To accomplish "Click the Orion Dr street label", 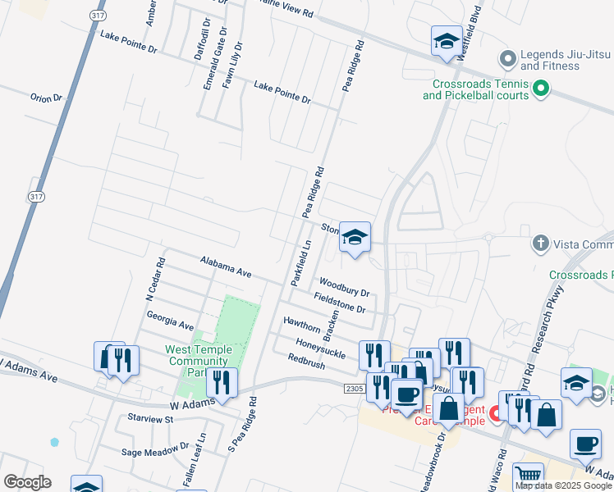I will (47, 98).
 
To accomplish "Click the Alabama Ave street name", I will (226, 265).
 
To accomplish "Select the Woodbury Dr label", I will (343, 286).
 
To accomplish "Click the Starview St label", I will (150, 419).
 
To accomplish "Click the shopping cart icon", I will (528, 476).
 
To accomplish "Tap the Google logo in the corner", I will (27, 482).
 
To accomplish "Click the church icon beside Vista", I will (540, 244).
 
